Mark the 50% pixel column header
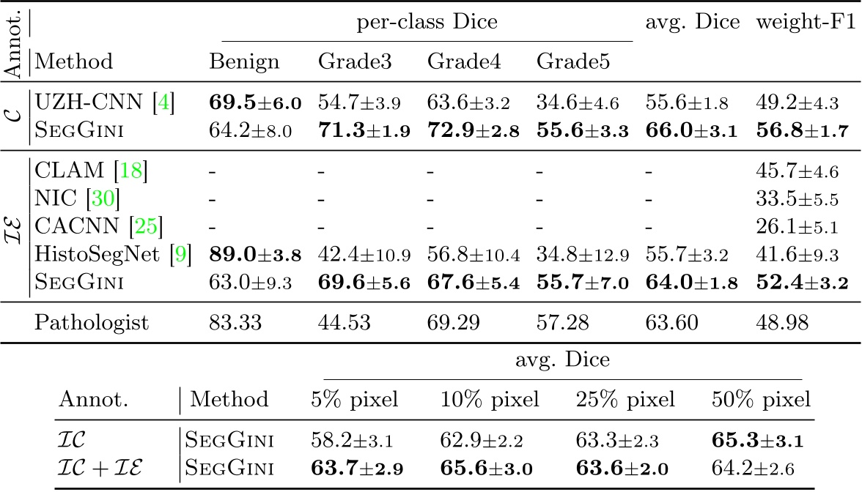(x=762, y=400)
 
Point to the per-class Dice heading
(x=427, y=23)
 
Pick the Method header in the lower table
(x=229, y=400)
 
